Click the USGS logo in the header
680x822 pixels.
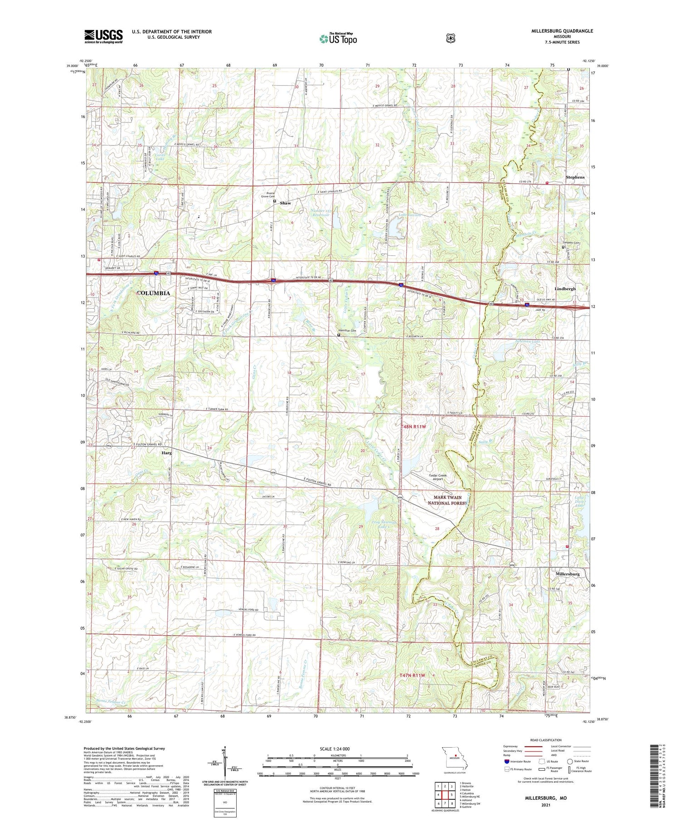[103, 36]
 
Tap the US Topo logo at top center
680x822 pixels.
[338, 39]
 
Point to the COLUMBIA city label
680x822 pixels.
[154, 293]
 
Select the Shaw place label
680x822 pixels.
[285, 203]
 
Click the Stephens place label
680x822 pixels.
[575, 177]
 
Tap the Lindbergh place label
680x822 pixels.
[565, 289]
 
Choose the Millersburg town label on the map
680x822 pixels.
[568, 574]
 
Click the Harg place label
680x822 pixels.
[165, 452]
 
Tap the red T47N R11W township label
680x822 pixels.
[412, 676]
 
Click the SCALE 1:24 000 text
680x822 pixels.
[335, 749]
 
